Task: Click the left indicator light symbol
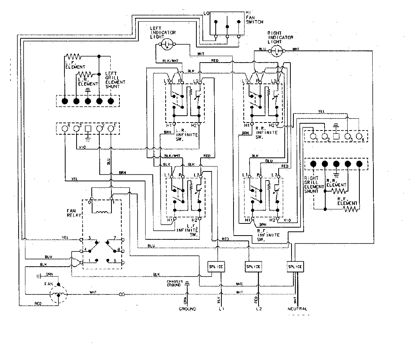[166, 44]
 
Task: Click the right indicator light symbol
[277, 52]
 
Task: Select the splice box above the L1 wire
[216, 267]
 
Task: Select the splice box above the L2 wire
[253, 267]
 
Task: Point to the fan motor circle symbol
[58, 294]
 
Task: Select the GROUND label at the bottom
[187, 309]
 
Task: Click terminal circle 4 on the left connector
[65, 128]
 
